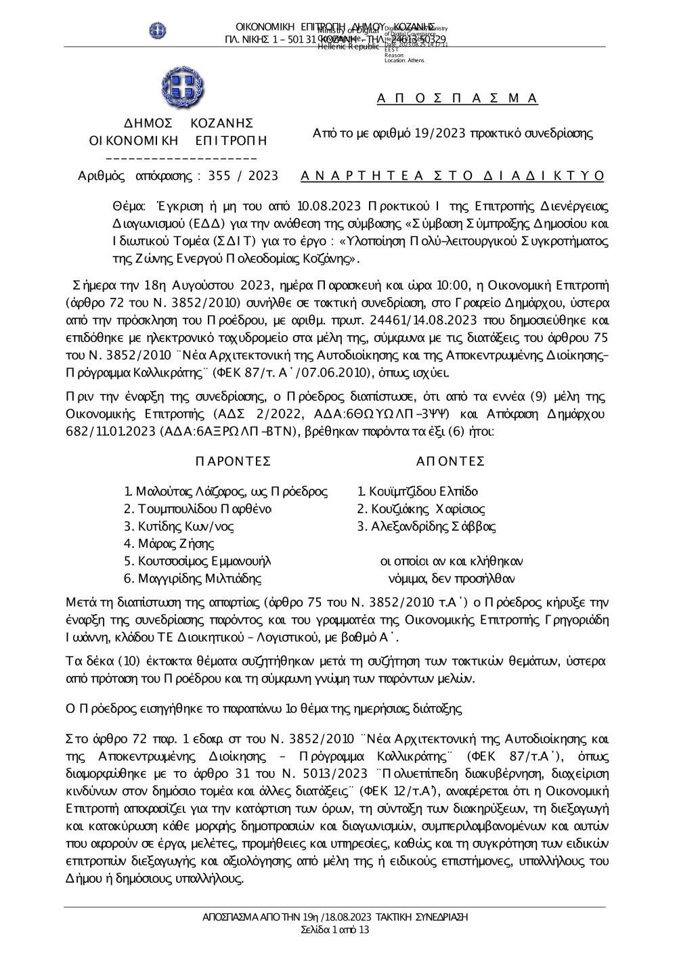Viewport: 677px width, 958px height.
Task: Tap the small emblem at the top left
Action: click(x=158, y=30)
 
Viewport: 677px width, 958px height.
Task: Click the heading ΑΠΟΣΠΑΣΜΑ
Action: click(x=457, y=99)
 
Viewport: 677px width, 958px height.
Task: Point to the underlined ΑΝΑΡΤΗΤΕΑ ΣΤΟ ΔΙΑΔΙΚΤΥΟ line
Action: click(x=452, y=176)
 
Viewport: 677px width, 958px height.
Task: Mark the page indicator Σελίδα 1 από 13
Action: click(x=335, y=930)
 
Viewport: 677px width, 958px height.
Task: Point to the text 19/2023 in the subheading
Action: click(x=442, y=133)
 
